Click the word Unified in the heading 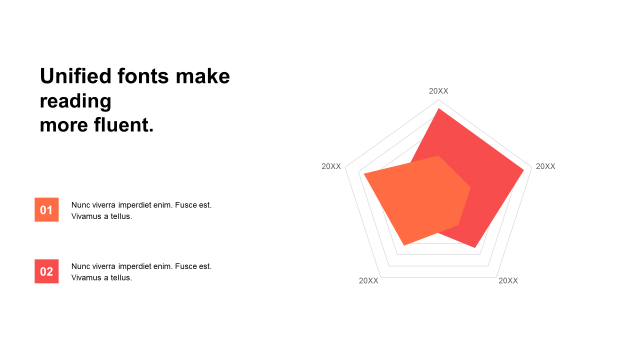75,76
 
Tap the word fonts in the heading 143,76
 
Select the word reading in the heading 75,101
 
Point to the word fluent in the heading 123,125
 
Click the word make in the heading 203,76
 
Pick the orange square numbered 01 46,209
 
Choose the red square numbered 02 46,271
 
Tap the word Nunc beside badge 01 79,205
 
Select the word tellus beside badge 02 121,277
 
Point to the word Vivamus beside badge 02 86,277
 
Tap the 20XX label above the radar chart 438,91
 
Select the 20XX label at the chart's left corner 331,166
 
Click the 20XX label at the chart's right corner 545,166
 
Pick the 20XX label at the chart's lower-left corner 368,281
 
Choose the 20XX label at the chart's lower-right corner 508,281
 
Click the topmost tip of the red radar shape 438,108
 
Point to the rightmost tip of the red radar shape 524,170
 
